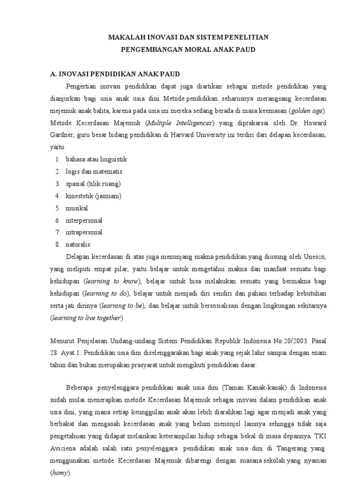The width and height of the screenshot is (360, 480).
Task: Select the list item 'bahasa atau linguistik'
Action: click(x=96, y=159)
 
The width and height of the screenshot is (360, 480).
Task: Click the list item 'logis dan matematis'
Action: click(x=94, y=172)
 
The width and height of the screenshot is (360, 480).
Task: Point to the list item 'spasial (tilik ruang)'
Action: click(x=93, y=184)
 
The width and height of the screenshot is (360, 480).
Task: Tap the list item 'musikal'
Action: click(x=77, y=208)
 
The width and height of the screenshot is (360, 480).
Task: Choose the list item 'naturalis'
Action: click(x=78, y=245)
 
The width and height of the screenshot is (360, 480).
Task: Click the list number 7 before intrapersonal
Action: click(x=57, y=232)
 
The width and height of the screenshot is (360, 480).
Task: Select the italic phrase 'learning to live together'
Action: click(x=87, y=318)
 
